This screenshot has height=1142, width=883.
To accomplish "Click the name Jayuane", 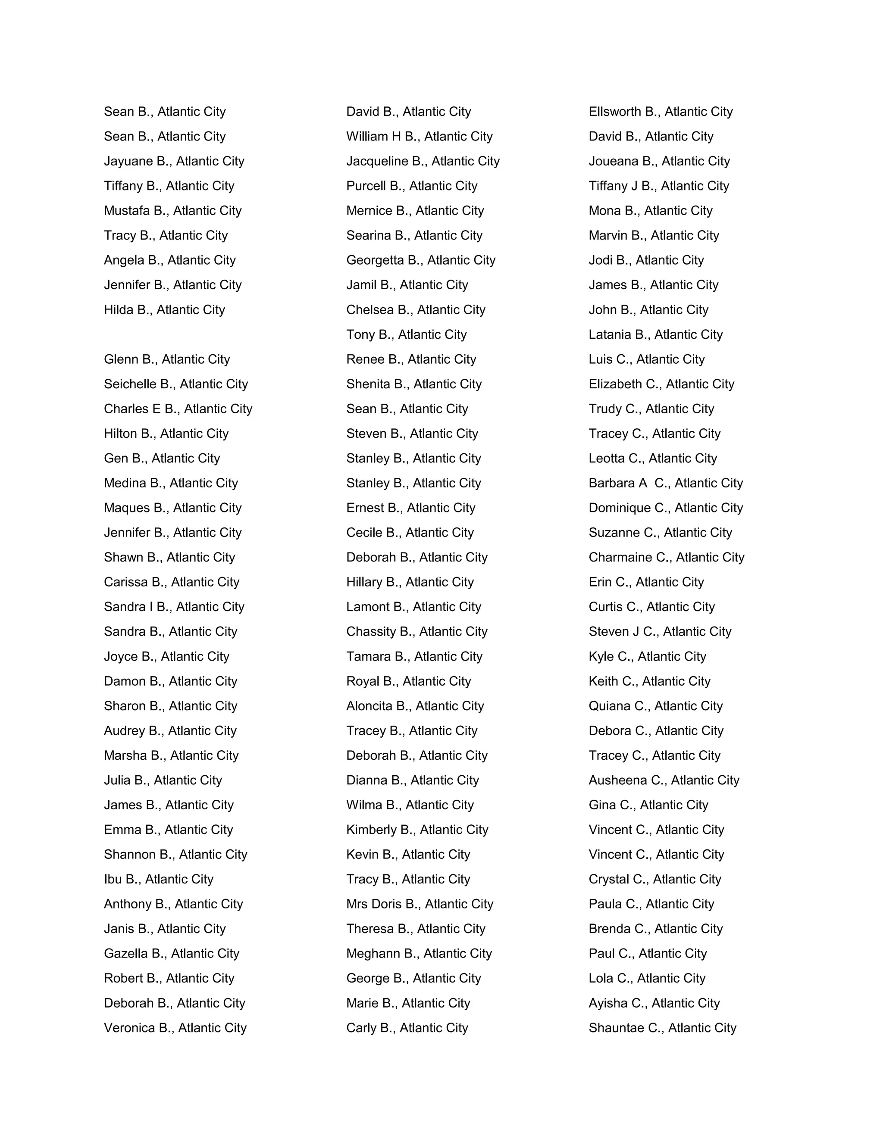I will click(x=128, y=162).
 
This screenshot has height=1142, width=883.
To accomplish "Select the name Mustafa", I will click(x=127, y=211).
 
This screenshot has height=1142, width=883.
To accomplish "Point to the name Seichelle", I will click(x=130, y=384).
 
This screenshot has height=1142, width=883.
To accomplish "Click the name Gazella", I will click(x=125, y=954).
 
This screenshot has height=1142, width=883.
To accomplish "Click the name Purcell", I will click(x=366, y=186).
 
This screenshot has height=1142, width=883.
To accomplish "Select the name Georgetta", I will click(x=375, y=260).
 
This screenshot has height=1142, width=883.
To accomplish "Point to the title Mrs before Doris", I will click(x=357, y=904).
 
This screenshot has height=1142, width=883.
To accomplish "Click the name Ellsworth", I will click(x=615, y=112).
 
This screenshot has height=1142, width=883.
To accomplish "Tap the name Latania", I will click(x=609, y=335).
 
